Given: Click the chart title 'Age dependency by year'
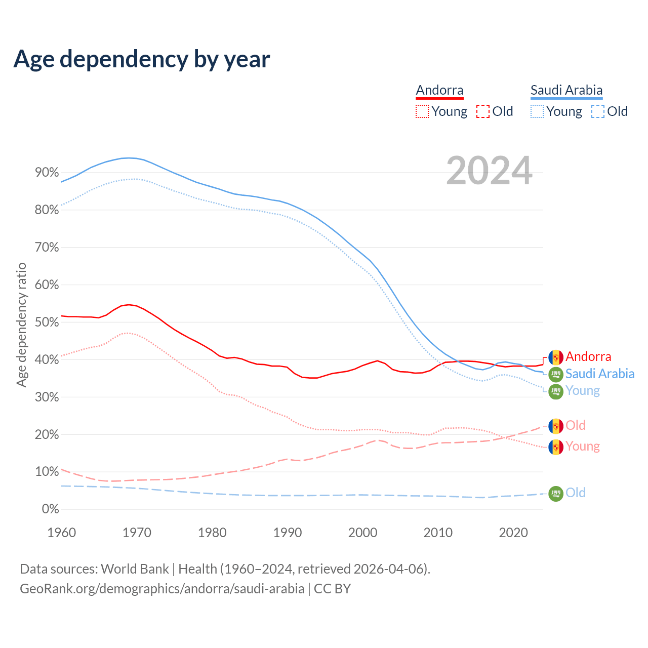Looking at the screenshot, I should pos(142,59).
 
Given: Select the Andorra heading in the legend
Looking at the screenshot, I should pos(439,90).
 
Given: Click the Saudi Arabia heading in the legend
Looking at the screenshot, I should pos(566,90).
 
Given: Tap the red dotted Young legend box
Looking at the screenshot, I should pos(422,111).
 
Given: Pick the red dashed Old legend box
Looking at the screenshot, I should pos(483,111).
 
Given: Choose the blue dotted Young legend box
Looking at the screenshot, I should pos(537,111).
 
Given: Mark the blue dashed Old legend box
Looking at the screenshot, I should pos(598,111).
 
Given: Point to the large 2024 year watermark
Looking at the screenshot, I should pos(489,171).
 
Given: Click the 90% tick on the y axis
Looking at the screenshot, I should pos(47,173).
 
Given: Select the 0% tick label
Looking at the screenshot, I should pos(50,509).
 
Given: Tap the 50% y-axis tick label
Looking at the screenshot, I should pos(47,322).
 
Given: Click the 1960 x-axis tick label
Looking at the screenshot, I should pos(61,533).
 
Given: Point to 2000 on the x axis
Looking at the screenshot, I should pos(362,533).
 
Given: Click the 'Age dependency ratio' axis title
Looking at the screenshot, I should pos(22,325).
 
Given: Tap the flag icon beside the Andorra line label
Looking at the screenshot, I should pos(556,357).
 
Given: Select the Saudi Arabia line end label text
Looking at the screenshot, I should pos(600,374).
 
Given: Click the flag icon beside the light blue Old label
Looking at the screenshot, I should pos(556,493).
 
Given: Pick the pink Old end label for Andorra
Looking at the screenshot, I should pos(576,425).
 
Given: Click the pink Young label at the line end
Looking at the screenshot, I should pos(583,447).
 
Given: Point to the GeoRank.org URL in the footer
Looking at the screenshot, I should pos(162,589).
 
